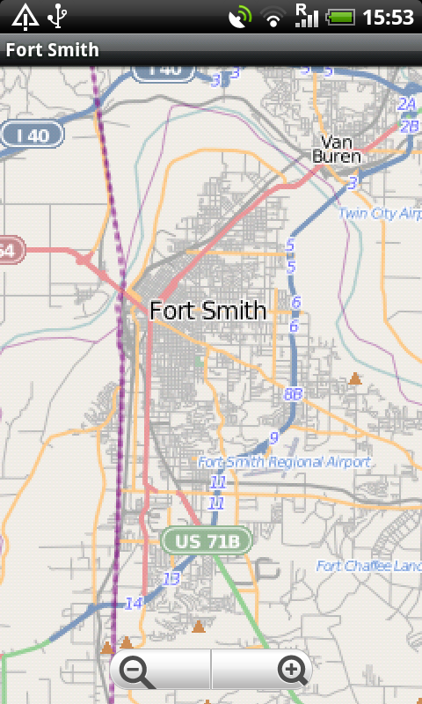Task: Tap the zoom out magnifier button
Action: [x=136, y=672]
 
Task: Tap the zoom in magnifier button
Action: [x=293, y=671]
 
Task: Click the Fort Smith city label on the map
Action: [x=207, y=310]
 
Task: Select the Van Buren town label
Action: [x=337, y=149]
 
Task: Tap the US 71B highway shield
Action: [x=206, y=540]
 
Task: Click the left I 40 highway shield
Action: [x=33, y=135]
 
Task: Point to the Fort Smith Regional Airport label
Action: [x=284, y=462]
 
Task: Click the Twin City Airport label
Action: [x=380, y=213]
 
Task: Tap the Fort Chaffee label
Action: [x=368, y=566]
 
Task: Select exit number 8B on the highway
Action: [x=294, y=394]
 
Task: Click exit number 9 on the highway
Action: [x=274, y=436]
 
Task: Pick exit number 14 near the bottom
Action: [x=134, y=603]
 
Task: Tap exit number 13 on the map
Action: [x=171, y=578]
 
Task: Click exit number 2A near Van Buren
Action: [x=406, y=105]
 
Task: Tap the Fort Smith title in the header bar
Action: [x=53, y=50]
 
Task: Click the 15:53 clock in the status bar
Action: [x=388, y=17]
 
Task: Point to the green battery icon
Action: [x=339, y=17]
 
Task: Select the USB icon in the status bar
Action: [x=59, y=16]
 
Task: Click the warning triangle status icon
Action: [x=24, y=16]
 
